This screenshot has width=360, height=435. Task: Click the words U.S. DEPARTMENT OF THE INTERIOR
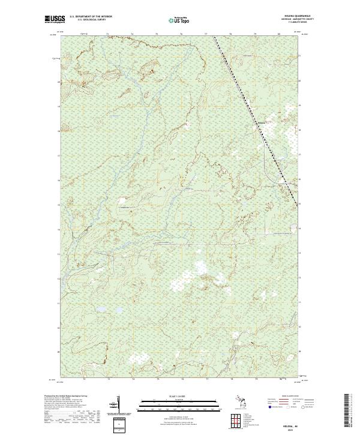(91, 16)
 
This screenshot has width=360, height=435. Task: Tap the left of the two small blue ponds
(100, 310)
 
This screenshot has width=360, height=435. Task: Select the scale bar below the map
(180, 403)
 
